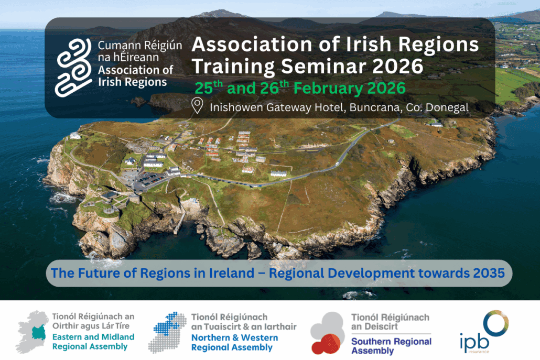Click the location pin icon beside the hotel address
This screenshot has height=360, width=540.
point(197,106)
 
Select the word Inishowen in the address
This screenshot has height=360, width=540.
point(234,107)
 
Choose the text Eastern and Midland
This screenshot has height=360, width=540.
point(93,336)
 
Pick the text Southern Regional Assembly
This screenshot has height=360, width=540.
point(391,346)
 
